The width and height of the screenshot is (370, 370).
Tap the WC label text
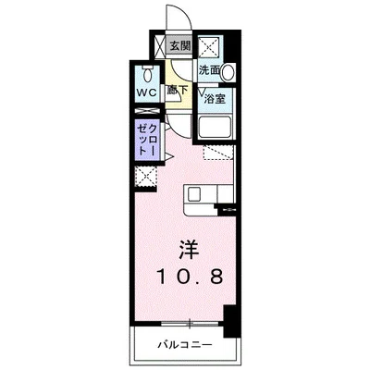point(148,93)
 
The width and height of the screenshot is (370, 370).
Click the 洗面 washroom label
point(209,70)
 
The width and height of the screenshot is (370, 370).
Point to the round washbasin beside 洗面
point(227,71)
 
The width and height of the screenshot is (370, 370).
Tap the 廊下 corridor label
point(178,90)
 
